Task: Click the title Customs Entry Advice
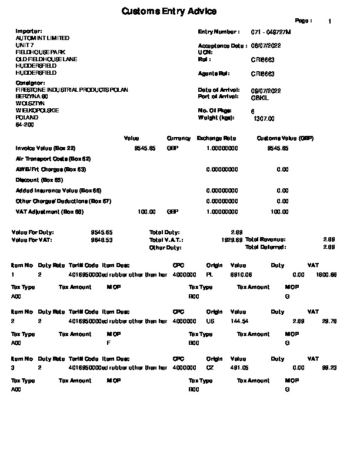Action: tap(169, 11)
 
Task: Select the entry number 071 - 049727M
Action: tap(271, 31)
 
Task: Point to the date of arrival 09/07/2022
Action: tap(266, 90)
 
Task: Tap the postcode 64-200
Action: tap(25, 125)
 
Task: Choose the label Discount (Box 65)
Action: tap(39, 180)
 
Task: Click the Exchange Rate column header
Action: tap(216, 138)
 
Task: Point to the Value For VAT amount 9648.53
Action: tap(101, 240)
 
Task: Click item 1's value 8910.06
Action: tap(241, 274)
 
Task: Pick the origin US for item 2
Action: tap(210, 321)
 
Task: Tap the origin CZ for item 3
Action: tap(210, 368)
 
